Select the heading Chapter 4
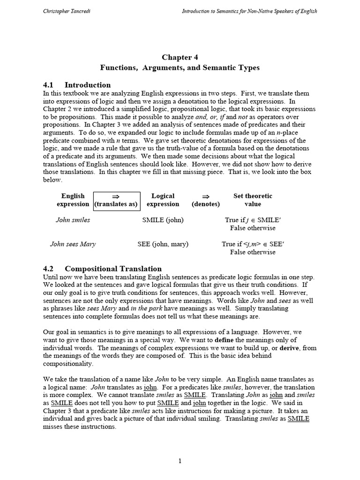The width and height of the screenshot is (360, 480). (x=177, y=57)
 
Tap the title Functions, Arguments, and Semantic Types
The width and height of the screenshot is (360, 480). (x=180, y=67)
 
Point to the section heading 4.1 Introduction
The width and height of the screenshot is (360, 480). (x=77, y=85)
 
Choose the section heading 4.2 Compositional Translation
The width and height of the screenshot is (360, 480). (x=102, y=269)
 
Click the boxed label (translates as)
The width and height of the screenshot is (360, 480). (x=116, y=204)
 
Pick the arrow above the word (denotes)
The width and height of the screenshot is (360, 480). (x=205, y=196)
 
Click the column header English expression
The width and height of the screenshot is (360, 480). (x=73, y=200)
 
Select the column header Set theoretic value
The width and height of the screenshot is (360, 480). (x=252, y=200)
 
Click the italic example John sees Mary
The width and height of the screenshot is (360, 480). (x=73, y=244)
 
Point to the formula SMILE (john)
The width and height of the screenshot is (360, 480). (x=163, y=220)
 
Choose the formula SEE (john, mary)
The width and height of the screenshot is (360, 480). (x=163, y=244)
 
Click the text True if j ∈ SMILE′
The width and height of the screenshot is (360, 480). (x=252, y=220)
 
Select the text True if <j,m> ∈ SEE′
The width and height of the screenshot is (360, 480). (x=252, y=244)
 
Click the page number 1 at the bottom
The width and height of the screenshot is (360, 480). (x=180, y=461)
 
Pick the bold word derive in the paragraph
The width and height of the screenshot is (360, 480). (x=292, y=348)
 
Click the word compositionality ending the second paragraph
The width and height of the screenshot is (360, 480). (x=68, y=364)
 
